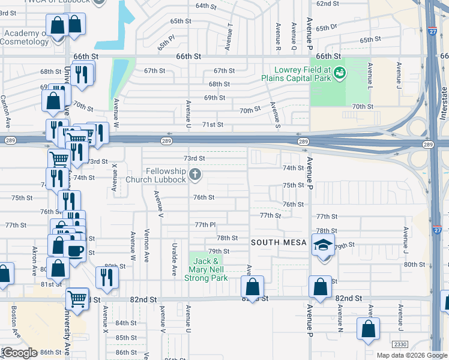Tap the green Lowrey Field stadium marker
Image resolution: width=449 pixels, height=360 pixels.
tap(340, 73)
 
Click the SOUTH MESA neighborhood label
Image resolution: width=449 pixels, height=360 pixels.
tap(279, 242)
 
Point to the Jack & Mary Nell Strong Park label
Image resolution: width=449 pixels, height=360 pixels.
tap(206, 269)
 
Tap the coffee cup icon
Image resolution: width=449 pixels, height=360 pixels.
tap(75, 251)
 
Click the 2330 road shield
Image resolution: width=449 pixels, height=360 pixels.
tap(399, 344)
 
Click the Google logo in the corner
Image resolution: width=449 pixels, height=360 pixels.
tap(20, 353)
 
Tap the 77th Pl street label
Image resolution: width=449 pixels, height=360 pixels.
tap(205, 224)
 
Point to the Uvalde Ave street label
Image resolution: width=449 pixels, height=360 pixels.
tap(174, 263)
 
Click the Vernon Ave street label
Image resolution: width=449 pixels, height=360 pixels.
tap(146, 245)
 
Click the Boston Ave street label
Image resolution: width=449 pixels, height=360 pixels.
tap(14, 319)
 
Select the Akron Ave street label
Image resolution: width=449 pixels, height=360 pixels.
tap(34, 259)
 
